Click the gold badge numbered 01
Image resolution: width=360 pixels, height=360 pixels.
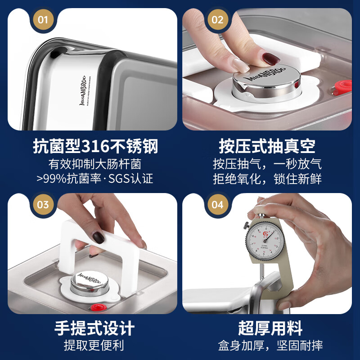(x=43, y=20)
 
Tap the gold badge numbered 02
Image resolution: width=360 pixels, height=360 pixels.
(x=217, y=20)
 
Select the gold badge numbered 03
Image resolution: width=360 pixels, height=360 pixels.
(x=43, y=205)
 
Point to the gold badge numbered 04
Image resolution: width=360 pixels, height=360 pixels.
(x=217, y=205)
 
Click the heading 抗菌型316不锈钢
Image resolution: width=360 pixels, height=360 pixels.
(x=95, y=146)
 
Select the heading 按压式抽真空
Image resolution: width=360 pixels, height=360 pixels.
(x=267, y=146)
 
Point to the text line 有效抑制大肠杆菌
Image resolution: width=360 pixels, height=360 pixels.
(x=95, y=163)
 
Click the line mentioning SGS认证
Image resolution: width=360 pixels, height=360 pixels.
(x=95, y=179)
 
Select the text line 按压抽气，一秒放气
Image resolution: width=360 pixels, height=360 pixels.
(x=267, y=163)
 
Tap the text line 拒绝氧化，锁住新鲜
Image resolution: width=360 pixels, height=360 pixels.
(x=267, y=179)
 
